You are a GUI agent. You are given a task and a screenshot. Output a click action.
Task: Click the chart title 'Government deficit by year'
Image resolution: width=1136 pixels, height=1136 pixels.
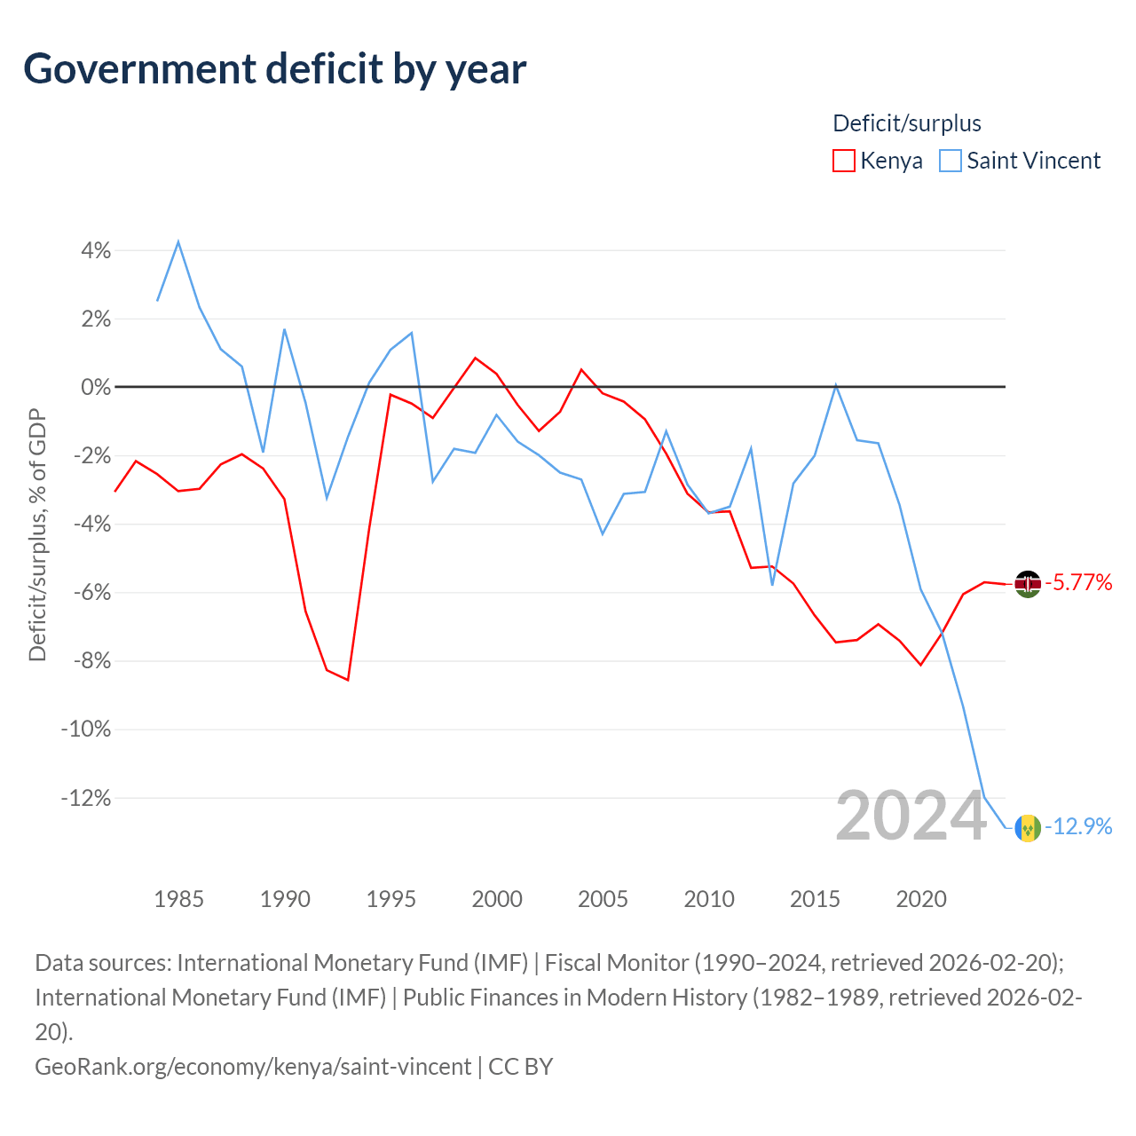point(274,69)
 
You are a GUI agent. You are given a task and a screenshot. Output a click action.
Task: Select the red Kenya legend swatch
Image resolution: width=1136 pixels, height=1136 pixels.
point(844,161)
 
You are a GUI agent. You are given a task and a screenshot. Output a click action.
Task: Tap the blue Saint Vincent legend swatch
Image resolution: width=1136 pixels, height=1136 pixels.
point(951,161)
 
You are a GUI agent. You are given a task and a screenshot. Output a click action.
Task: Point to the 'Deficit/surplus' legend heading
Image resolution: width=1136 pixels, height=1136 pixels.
point(907,123)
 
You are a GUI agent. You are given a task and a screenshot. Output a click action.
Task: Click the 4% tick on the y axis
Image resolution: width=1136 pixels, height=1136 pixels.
point(96,250)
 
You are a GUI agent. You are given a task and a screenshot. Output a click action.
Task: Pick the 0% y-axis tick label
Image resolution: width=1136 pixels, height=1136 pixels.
point(96,387)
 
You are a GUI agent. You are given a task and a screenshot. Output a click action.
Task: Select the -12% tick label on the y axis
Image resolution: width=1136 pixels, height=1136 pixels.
point(86,798)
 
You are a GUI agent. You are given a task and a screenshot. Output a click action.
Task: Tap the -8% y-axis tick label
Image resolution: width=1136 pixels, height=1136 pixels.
point(92,661)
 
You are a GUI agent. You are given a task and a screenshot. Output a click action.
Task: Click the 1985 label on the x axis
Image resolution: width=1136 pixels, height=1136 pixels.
point(178,899)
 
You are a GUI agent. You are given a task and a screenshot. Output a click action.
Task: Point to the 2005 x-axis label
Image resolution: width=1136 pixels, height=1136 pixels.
point(603,899)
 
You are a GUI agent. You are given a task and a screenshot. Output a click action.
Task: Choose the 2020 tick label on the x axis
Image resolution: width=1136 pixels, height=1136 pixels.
point(921,899)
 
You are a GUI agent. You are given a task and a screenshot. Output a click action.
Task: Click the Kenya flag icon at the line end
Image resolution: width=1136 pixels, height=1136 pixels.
point(1028,584)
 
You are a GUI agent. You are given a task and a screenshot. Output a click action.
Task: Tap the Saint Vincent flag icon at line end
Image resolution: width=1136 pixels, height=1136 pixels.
point(1028,828)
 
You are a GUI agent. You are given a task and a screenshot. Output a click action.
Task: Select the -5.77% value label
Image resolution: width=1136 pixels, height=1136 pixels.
point(1079,582)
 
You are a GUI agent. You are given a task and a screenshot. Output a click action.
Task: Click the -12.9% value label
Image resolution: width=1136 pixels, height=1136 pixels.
point(1079,826)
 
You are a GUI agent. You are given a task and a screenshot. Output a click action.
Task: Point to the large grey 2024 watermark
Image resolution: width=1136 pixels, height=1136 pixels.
point(911,816)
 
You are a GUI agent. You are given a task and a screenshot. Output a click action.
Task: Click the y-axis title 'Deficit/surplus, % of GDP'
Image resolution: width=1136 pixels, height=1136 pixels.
point(38,535)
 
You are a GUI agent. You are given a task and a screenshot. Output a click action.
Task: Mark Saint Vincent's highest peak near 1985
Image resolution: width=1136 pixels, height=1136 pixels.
point(178,241)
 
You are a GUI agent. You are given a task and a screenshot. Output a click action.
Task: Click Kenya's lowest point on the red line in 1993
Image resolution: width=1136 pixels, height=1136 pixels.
point(348,680)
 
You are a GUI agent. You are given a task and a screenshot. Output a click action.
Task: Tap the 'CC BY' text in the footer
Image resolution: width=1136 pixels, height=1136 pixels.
point(521,1067)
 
